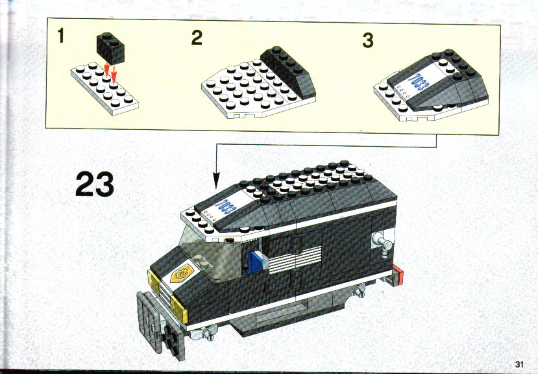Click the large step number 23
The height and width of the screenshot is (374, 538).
[95, 184]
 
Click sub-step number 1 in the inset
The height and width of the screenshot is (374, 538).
[61, 36]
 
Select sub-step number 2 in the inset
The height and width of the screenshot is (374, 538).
[197, 38]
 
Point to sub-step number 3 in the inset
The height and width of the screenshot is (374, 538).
[368, 40]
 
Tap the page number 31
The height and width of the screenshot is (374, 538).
[519, 364]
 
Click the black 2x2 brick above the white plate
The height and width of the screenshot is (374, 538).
[110, 48]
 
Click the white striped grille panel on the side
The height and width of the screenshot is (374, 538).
[295, 261]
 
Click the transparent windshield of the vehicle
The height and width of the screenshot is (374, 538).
[206, 253]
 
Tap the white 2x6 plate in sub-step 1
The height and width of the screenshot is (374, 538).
[104, 88]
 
